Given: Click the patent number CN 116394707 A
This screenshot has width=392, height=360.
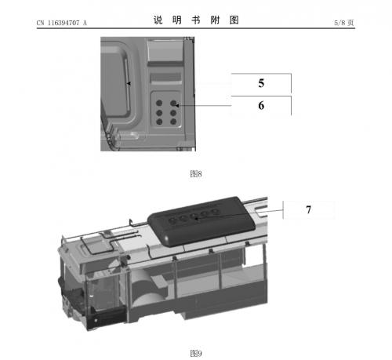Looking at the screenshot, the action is point(61,23).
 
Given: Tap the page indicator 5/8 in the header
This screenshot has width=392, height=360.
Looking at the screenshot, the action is point(339,23).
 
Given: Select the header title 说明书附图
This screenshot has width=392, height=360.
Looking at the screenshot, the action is point(196,20).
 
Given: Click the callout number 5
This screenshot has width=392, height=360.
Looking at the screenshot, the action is point(261,83).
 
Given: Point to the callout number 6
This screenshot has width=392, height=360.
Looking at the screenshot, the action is point(261,105).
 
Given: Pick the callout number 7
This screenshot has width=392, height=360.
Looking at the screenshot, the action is point(309,209).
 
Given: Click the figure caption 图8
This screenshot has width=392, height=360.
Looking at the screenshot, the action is point(196,173).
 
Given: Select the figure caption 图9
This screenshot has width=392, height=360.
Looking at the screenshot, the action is point(196,354).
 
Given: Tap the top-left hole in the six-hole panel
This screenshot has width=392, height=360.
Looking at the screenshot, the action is point(159,103).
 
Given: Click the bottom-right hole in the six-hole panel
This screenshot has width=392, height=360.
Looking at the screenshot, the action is point(173,122).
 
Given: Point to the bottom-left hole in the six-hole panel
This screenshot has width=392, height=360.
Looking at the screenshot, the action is point(159,122).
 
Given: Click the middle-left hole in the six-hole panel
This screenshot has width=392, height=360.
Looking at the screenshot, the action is point(159,113).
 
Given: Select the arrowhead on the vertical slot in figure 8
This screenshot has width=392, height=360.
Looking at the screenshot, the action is point(129,83).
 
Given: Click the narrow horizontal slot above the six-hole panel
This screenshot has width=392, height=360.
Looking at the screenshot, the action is point(165,78).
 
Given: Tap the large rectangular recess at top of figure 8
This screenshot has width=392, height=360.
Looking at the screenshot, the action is point(165,50).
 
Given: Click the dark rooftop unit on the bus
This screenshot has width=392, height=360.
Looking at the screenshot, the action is point(201,222).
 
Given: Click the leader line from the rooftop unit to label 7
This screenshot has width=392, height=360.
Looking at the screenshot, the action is point(240,214).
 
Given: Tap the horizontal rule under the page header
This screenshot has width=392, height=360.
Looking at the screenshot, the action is point(196,27).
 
